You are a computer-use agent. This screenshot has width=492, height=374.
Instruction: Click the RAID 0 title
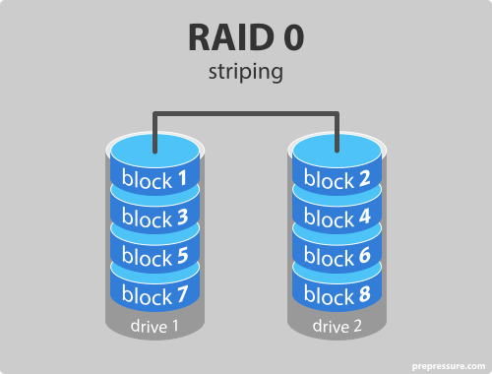coord(246,37)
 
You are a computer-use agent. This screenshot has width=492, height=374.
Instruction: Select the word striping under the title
coord(246,72)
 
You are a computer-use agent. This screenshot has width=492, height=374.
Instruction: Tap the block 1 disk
coord(154,180)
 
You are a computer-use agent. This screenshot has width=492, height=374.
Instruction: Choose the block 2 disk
coord(338,180)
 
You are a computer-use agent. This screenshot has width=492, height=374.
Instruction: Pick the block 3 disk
coord(154,218)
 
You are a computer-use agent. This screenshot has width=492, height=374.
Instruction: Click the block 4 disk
coord(338,218)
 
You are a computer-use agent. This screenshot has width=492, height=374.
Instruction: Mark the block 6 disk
coord(338,255)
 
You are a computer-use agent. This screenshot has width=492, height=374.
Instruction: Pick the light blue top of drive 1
coord(154,151)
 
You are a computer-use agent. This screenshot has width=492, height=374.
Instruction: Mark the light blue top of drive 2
coord(338,151)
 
